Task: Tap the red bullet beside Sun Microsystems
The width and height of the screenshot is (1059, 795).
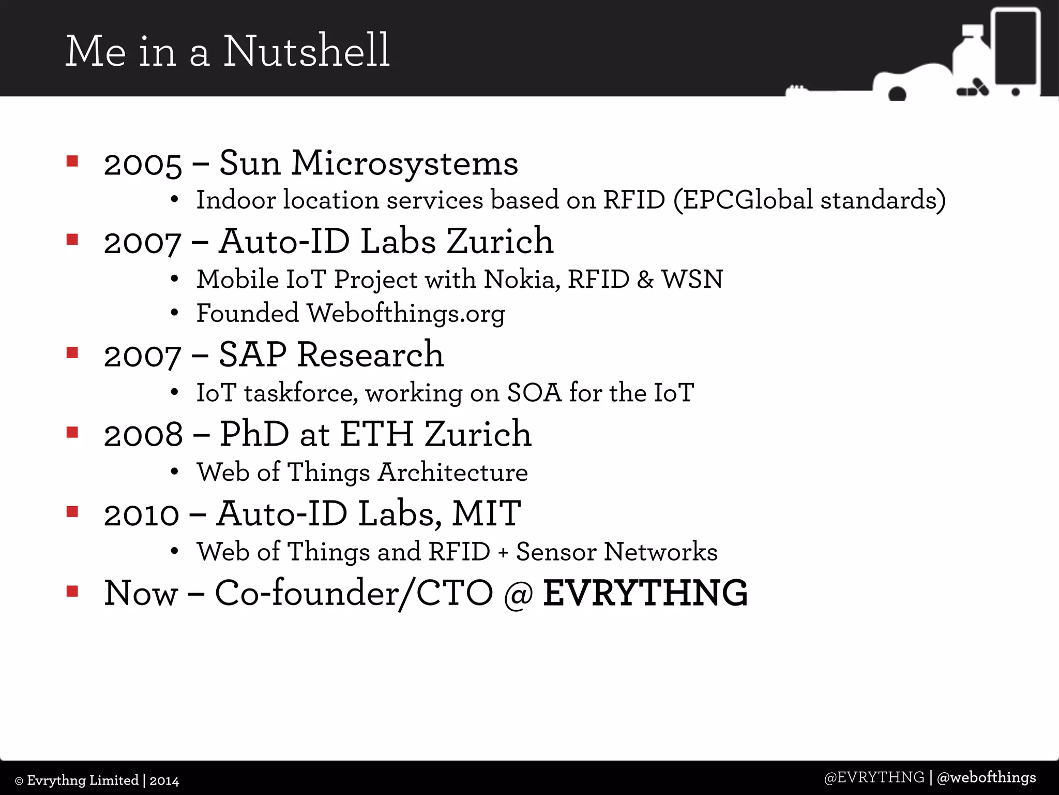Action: (72, 161)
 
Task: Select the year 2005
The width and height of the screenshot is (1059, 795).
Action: (143, 165)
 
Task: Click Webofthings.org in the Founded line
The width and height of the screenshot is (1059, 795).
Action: (406, 314)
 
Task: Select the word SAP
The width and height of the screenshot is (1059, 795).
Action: (252, 355)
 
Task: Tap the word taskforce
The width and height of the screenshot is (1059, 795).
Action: (300, 393)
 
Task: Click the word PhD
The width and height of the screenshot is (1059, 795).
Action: (254, 434)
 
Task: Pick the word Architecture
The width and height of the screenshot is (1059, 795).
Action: (453, 472)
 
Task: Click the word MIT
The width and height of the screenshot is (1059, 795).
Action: (486, 514)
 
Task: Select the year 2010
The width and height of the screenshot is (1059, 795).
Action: (142, 516)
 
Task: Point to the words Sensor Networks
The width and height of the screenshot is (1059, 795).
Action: (616, 552)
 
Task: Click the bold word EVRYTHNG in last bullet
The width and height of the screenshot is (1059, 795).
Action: (645, 593)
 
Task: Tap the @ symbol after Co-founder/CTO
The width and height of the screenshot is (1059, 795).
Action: (518, 594)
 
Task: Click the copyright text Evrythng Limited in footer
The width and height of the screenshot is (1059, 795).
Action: (83, 781)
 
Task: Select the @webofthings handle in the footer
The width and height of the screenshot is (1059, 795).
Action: (986, 777)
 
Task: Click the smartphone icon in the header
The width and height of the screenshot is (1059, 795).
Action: (1016, 52)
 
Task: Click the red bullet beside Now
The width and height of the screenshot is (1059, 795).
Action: (72, 591)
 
